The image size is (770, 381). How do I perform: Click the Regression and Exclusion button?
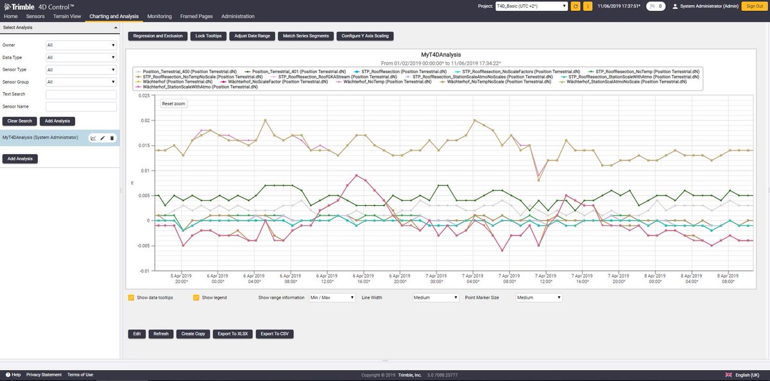coord(158,36)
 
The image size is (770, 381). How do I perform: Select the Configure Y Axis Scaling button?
coord(364,36)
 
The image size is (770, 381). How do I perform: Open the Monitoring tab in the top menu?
coord(159,16)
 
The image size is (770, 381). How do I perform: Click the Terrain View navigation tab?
coord(67,16)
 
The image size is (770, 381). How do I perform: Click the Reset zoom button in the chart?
coord(173,103)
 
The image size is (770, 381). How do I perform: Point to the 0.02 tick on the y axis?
coord(145,121)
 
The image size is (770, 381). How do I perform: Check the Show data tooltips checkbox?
coord(131,298)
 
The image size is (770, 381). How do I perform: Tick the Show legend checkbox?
coord(196,298)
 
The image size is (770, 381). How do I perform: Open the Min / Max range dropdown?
coord(332,298)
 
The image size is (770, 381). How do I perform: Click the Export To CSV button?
coord(275,334)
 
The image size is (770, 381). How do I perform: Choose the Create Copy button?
coord(193,334)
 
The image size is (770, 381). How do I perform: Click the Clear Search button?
coord(19,121)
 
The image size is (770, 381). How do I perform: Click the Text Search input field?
coord(81,94)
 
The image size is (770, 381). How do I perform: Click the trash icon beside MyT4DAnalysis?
coord(112,138)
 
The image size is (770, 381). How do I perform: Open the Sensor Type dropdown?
coord(81,70)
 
